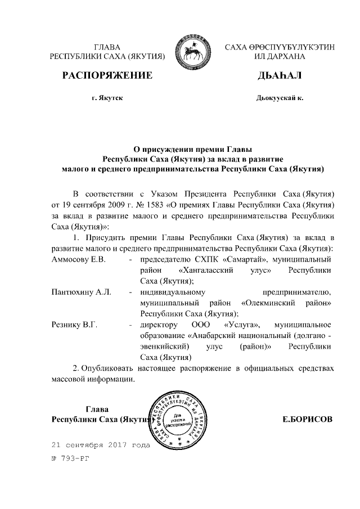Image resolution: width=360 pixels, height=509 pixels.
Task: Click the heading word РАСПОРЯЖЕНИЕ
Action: (x=107, y=75)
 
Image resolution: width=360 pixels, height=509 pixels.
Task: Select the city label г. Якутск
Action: (x=107, y=98)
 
